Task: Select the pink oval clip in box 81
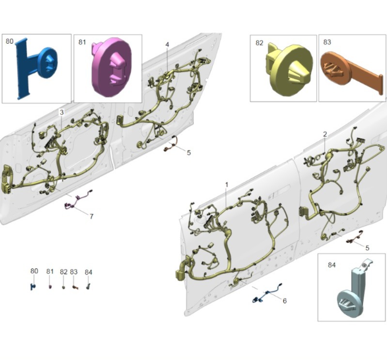coord(111,67)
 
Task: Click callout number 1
coord(227,185)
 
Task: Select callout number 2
coord(325,134)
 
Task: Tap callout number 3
coord(62,112)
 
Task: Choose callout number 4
coord(167,45)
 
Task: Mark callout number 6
coord(285,301)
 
